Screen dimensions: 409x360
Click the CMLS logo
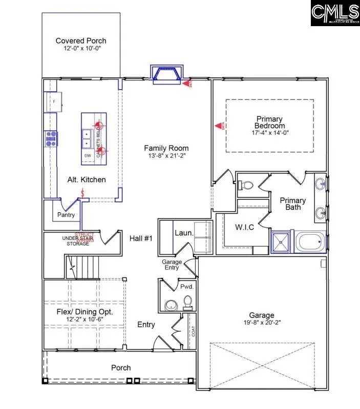tap(335, 14)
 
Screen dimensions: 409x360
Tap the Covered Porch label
tap(81, 41)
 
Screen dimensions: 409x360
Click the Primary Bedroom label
tap(270, 122)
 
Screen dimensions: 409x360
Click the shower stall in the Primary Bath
tap(282, 242)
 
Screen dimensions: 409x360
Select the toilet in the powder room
tap(187, 303)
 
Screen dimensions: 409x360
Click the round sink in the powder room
tap(170, 305)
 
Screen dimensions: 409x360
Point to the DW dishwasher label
tap(88, 156)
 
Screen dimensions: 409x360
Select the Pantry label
tap(66, 215)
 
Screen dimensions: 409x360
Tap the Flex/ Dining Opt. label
tap(84, 312)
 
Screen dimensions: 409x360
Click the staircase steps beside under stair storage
tap(82, 266)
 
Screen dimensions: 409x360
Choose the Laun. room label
tap(183, 233)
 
